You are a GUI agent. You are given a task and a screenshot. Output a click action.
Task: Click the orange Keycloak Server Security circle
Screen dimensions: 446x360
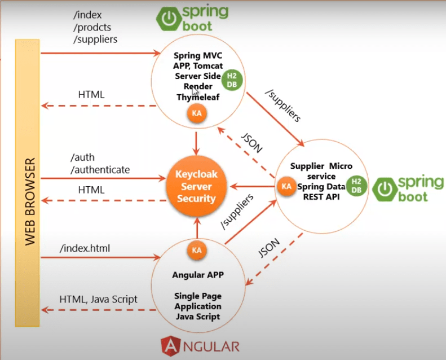coord(196,186)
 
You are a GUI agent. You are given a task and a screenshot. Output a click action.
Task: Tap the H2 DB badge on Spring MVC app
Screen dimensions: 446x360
coord(232,80)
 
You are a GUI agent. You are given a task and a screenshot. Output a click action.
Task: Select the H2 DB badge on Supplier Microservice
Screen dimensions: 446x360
coord(356,186)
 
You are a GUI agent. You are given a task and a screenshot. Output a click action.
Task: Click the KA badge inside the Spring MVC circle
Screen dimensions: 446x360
coord(197,113)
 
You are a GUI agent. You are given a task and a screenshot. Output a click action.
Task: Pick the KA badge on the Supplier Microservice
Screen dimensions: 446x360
coord(286,186)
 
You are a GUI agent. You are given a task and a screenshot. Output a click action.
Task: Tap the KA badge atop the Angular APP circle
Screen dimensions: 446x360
coord(197,250)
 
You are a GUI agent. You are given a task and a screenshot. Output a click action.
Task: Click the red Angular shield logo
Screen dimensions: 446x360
coord(171,346)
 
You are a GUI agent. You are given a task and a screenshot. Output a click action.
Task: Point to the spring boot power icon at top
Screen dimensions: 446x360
coord(169,19)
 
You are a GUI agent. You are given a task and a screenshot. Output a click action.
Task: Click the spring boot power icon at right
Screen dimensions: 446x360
coord(385,189)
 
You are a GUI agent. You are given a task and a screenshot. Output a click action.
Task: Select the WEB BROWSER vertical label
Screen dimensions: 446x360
coord(30,201)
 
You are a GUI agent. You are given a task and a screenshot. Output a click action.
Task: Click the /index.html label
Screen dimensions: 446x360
coord(85,248)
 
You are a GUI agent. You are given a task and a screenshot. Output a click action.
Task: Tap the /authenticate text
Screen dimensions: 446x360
coord(100,170)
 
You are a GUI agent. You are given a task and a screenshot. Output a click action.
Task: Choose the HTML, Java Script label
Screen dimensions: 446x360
coord(99,300)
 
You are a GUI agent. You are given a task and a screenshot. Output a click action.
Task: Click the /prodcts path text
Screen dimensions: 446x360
coord(92,27)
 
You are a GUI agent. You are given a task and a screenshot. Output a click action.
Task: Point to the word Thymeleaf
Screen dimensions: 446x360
coord(198,97)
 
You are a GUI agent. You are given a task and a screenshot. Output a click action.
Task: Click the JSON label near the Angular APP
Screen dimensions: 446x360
coord(269,248)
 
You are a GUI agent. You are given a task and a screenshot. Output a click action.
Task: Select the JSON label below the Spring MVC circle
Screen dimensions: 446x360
coord(251,143)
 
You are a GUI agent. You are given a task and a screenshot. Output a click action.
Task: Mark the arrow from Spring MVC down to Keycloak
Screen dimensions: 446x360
coord(196,143)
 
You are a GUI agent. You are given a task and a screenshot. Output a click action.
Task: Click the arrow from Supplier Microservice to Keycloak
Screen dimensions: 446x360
coord(252,187)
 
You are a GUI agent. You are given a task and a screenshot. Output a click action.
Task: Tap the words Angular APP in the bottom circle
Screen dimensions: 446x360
coord(198,275)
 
